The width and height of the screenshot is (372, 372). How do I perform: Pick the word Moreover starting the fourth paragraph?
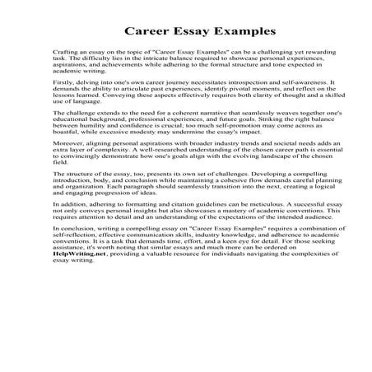(68, 174)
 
